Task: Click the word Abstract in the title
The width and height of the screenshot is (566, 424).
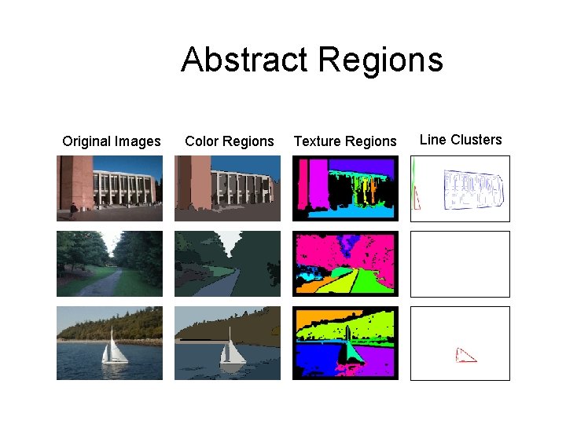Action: [x=244, y=60]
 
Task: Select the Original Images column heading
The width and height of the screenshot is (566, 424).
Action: [x=112, y=141]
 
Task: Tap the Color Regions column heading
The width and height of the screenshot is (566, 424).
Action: [x=230, y=141]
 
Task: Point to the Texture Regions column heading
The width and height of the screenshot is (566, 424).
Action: [x=345, y=141]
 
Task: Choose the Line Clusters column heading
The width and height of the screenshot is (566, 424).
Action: [x=461, y=140]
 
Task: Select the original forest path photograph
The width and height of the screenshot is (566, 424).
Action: [x=109, y=264]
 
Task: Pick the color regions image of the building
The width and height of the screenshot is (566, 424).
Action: [x=227, y=188]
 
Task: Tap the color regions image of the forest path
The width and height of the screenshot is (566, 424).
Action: [x=227, y=264]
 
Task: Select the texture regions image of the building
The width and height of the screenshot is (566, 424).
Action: [x=345, y=188]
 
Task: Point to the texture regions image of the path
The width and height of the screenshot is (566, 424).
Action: [x=345, y=264]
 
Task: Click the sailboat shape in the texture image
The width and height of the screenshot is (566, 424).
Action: [x=350, y=349]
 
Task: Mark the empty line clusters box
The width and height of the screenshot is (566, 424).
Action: [x=460, y=264]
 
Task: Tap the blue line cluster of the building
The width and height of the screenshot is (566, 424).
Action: [x=472, y=190]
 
